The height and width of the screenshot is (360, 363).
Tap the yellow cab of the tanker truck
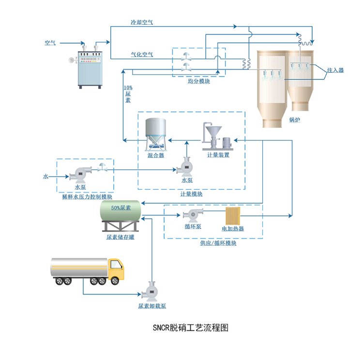tap(117, 271)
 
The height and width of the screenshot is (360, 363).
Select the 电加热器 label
tap(232, 228)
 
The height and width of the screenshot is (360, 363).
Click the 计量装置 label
tap(218, 155)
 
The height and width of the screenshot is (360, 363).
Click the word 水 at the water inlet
tap(45, 177)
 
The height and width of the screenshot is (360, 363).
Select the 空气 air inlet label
tap(50, 43)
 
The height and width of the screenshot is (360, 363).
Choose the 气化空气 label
tap(142, 55)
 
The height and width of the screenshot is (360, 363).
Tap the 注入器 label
tap(335, 70)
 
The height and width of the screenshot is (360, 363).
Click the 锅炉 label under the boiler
tap(295, 120)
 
